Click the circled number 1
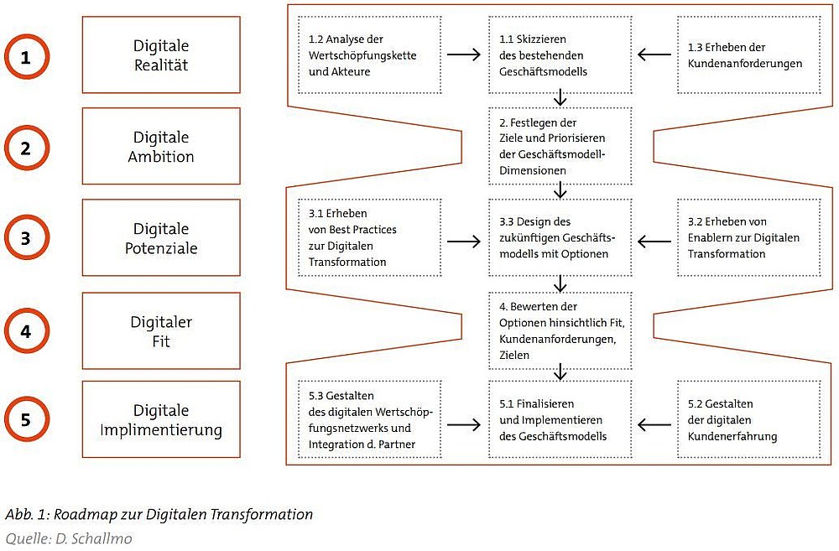[27, 57]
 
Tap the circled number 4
[27, 330]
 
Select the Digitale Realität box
[161, 55]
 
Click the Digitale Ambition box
[161, 146]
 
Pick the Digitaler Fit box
[161, 330]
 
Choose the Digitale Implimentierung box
[161, 419]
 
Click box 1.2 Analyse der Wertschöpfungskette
[370, 55]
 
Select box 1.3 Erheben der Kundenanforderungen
[748, 55]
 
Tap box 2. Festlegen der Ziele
[560, 146]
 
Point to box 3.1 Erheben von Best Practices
[370, 237]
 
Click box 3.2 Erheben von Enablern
[748, 237]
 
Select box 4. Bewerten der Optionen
[560, 330]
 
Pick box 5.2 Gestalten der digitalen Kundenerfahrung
[748, 419]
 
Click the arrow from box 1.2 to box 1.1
[464, 55]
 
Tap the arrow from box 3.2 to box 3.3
[654, 242]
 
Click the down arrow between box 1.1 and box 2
[560, 97]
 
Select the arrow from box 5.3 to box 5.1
[464, 425]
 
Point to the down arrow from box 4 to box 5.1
[560, 372]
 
